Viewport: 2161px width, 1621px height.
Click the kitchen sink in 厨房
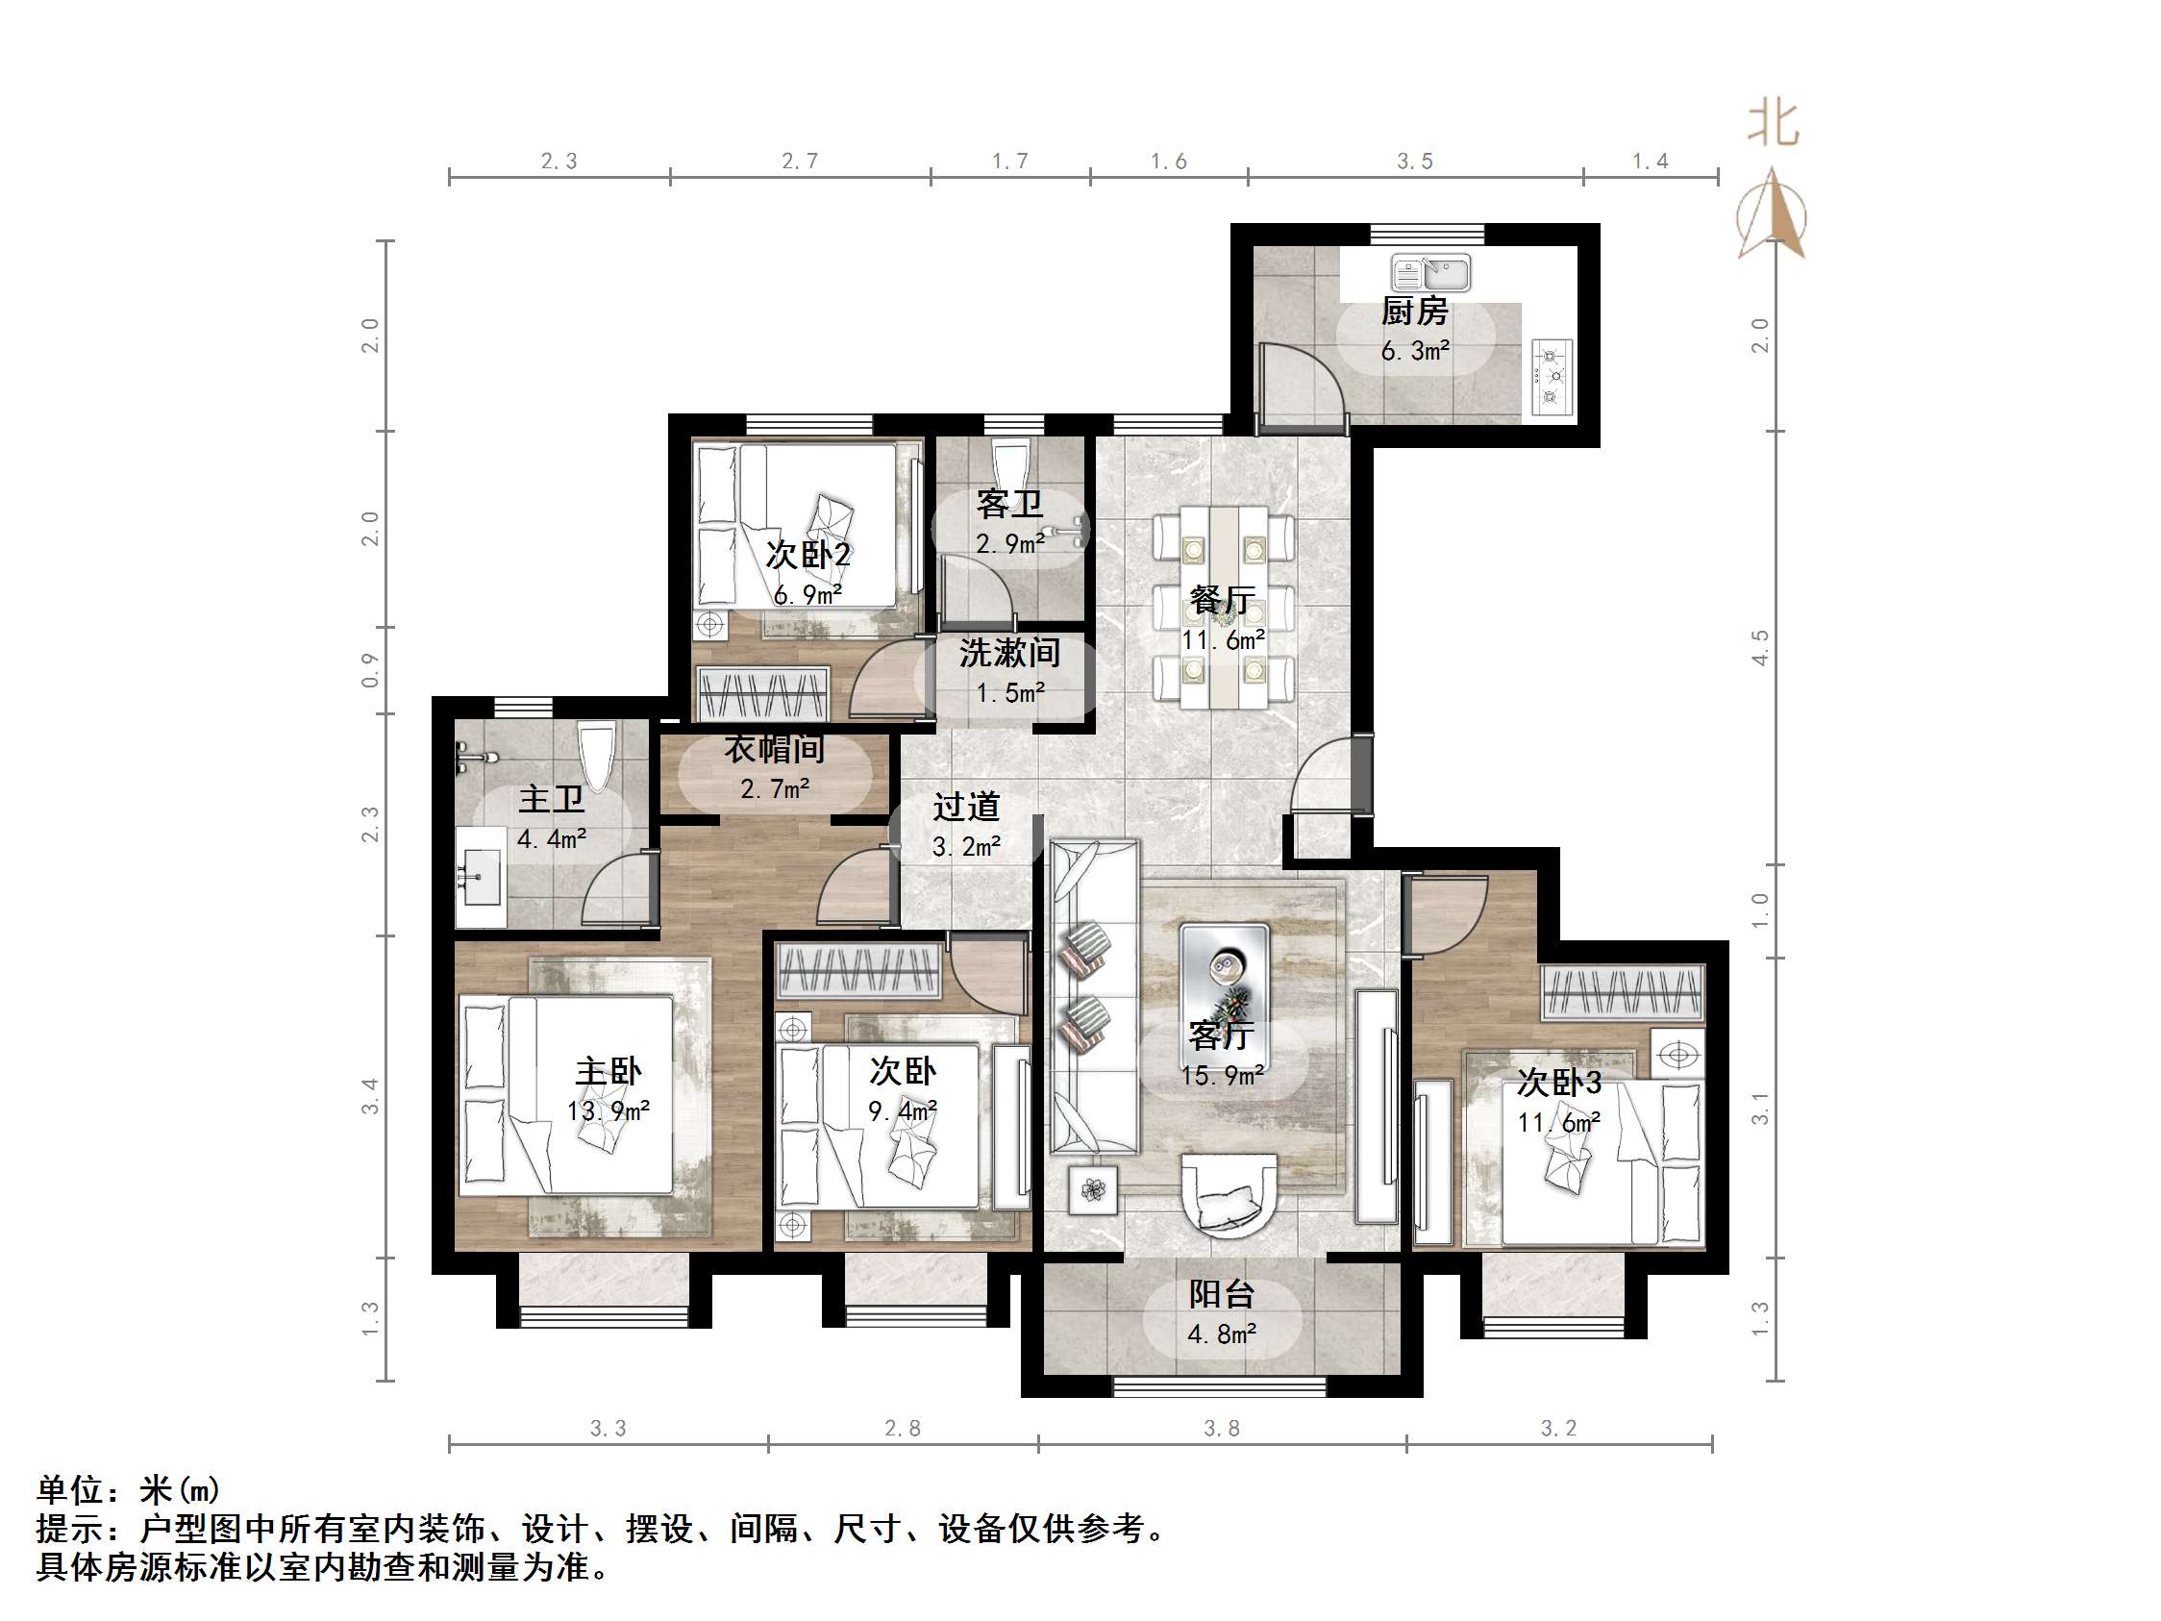1431,273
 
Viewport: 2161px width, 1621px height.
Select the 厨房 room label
1415,312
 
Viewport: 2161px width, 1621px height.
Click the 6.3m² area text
1415,351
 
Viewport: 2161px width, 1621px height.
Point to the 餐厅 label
1222,600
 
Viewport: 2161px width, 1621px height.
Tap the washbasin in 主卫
481,877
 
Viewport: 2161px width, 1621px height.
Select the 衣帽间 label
774,749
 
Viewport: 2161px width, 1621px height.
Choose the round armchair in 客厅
1229,1197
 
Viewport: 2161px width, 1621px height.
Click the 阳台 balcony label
1221,1295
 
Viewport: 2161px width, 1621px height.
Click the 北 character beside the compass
1774,125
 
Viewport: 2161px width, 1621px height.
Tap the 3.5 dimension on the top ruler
1415,162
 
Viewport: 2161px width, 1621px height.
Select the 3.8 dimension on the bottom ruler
1221,1429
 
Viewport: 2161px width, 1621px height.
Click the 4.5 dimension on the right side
1760,648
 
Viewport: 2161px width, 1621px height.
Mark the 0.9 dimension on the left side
370,670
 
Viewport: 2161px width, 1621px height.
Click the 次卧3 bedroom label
1559,1083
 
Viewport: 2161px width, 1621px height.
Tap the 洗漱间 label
1009,653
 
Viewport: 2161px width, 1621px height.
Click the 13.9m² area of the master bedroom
608,1111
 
